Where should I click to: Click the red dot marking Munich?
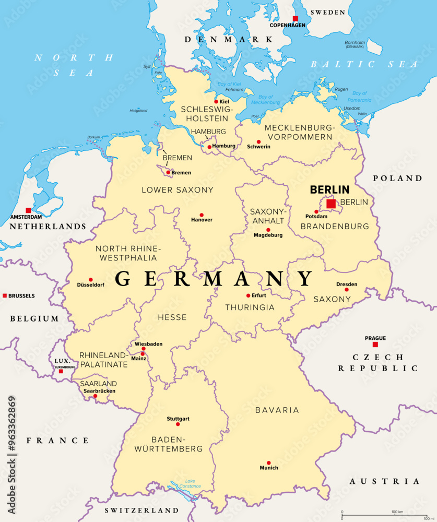tap(268, 462)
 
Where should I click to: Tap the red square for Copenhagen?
tap(296, 18)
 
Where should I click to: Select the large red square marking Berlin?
tap(331, 204)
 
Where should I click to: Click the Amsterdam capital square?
tap(28, 210)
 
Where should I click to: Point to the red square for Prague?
tap(375, 345)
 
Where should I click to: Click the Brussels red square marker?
tap(5, 295)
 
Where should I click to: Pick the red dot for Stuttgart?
tap(178, 424)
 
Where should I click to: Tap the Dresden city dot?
tap(346, 290)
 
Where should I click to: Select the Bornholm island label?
tap(355, 42)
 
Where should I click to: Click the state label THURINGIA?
tap(250, 307)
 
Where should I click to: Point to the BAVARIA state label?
tap(277, 410)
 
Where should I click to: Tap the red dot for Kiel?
tap(216, 102)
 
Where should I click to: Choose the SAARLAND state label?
tap(98, 383)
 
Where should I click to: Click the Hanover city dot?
tap(202, 215)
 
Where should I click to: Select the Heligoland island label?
tap(138, 111)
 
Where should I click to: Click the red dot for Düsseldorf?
tap(90, 280)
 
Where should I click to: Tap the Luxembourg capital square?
tap(61, 371)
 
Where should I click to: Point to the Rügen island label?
tap(341, 89)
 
